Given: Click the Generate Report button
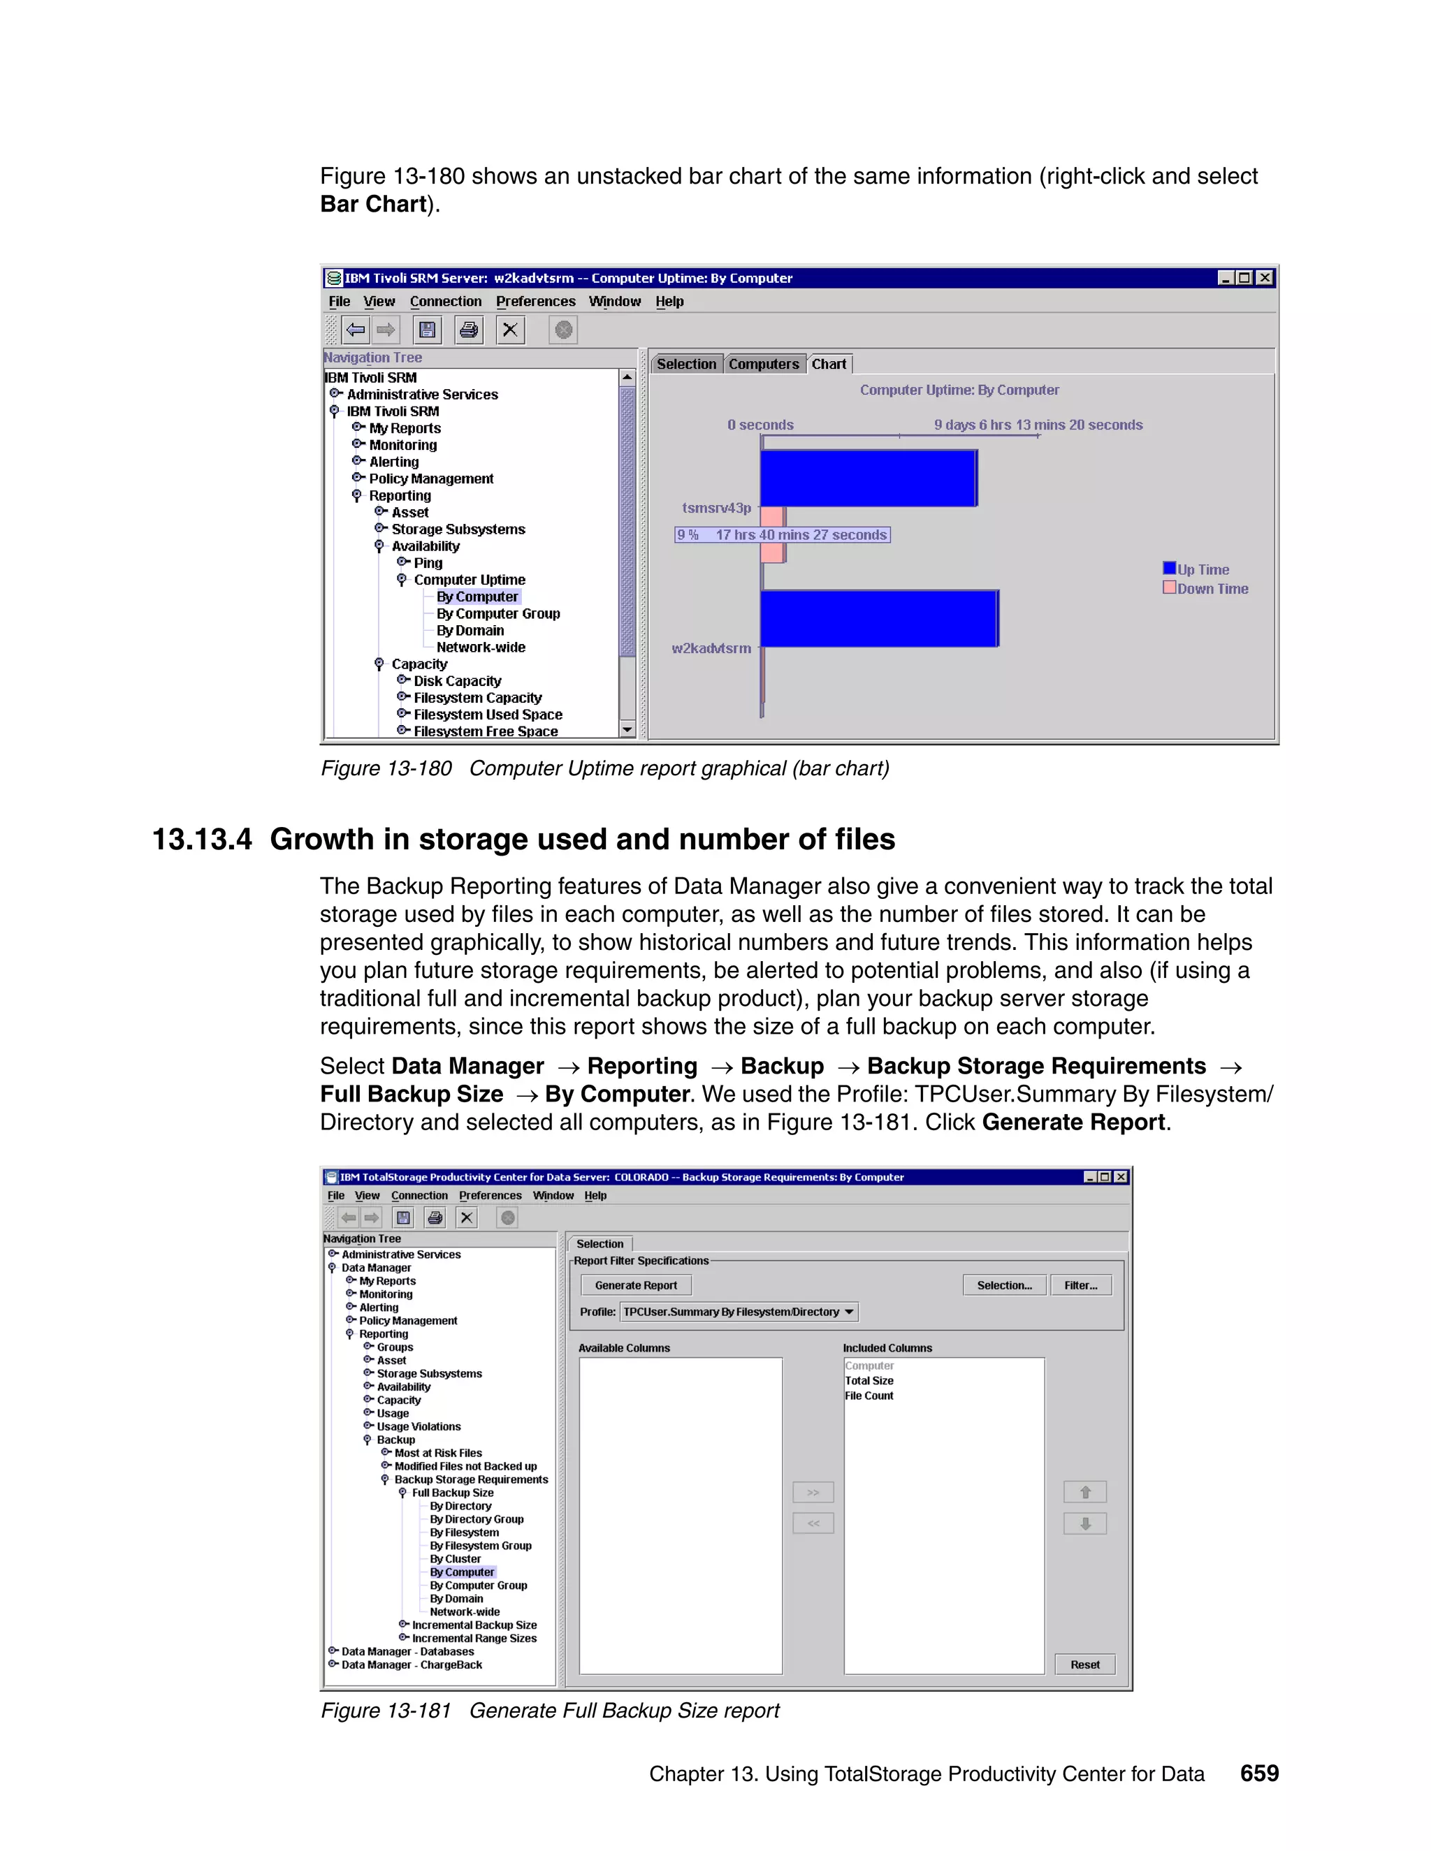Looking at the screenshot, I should point(635,1285).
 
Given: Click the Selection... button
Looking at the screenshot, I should point(1004,1285).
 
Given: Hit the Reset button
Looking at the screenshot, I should point(1084,1665).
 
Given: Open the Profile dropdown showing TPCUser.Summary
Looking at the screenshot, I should point(739,1312).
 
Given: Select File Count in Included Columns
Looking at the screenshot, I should point(869,1396).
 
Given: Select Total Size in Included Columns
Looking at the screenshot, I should point(869,1381).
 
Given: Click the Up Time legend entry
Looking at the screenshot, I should point(1202,569).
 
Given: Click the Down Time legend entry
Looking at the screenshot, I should point(1212,589).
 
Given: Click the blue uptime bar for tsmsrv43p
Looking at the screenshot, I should point(868,478).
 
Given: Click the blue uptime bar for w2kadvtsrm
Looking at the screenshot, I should point(879,619).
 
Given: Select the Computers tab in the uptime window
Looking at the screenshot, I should point(763,365).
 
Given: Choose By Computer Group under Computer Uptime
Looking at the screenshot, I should point(497,613).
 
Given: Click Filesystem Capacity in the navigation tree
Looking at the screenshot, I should point(477,698).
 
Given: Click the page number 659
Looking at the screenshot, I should point(1259,1773).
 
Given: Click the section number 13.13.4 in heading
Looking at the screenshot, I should point(202,840).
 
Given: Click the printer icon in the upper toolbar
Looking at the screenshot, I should point(468,330).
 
